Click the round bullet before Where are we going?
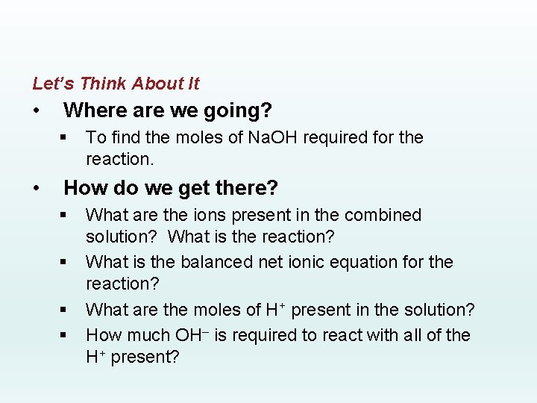(x=37, y=111)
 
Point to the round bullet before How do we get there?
(x=37, y=187)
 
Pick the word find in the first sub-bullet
(x=120, y=137)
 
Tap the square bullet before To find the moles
(x=65, y=138)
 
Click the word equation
(x=365, y=262)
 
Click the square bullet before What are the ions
(x=65, y=216)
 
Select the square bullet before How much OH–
(x=65, y=336)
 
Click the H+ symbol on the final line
(x=96, y=357)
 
